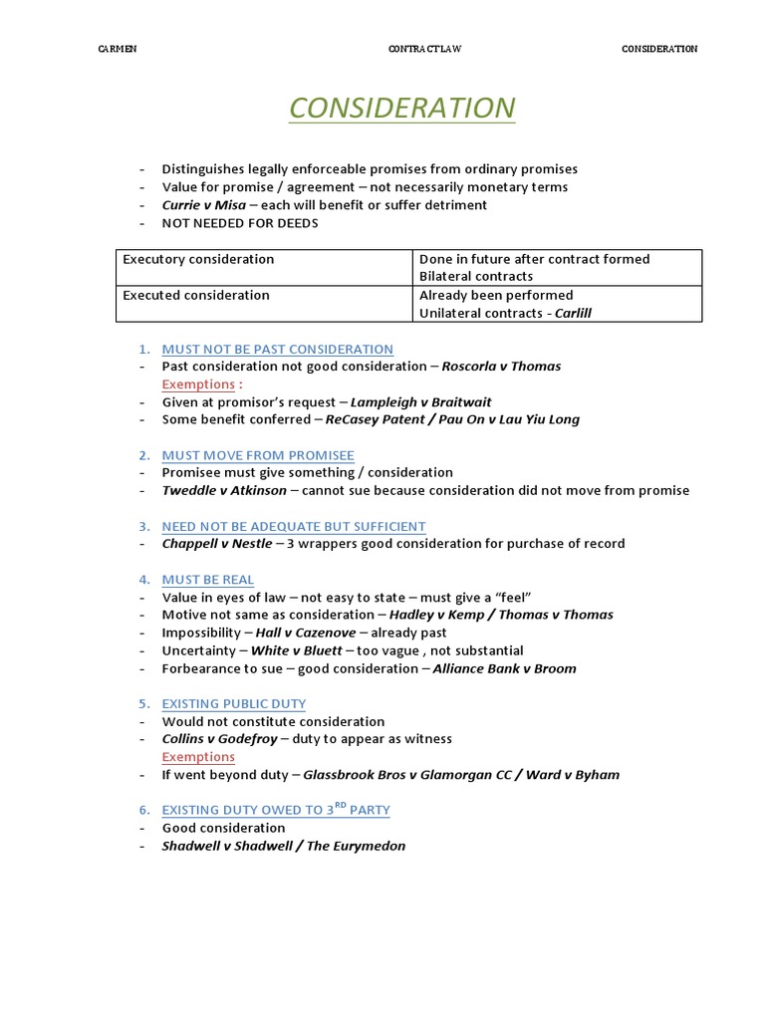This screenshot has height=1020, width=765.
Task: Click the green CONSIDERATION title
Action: coord(401,108)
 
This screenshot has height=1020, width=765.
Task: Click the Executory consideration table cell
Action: coord(198,259)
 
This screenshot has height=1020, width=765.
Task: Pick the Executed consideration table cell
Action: coord(196,295)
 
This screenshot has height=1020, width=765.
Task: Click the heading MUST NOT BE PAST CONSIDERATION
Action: coord(278,349)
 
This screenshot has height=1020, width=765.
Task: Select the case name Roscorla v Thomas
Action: coord(501,366)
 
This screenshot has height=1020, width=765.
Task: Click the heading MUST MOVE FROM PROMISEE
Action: coord(258,455)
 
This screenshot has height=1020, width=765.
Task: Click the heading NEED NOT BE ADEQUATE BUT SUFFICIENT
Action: coord(294,526)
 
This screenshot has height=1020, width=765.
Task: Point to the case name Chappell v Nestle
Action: coord(217,543)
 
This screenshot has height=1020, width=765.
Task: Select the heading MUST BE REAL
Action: coord(208,579)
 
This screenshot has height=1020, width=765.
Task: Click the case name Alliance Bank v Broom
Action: coord(504,668)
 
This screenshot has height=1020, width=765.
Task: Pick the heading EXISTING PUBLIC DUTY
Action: coord(234,703)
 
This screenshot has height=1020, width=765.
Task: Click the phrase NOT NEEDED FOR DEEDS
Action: coord(240,223)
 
